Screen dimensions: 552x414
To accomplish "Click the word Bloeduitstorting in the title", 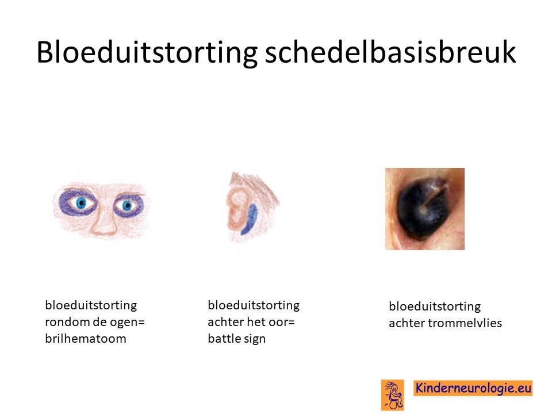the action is (147, 52).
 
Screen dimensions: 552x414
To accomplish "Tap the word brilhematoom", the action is (86, 338).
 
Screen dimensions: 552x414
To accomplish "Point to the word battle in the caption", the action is (224, 338).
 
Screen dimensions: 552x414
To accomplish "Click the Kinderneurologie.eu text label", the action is (473, 388).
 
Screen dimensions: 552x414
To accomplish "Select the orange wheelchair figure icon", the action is (393, 394).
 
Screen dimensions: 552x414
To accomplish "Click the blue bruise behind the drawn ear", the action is (249, 219).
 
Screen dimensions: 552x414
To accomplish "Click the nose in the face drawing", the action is (104, 222).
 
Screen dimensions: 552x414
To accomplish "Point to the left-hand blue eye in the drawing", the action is (81, 203).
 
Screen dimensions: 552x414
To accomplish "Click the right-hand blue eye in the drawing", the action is (127, 205).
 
